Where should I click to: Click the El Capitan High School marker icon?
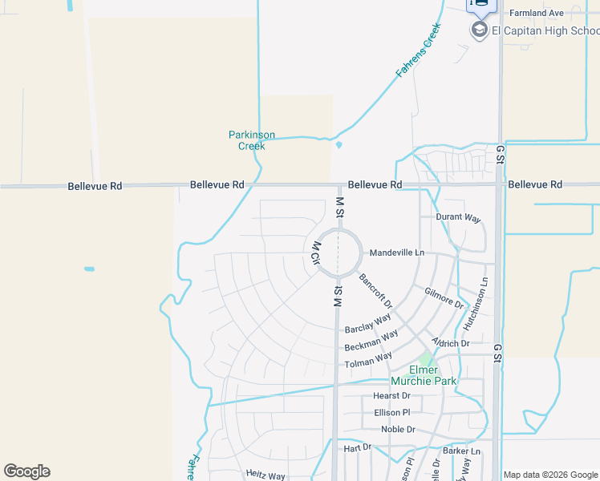coord(480,30)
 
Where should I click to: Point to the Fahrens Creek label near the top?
coord(419,51)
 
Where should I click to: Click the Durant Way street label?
coord(457,217)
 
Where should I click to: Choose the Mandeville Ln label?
coord(396,253)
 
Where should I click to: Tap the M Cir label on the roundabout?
coord(315,253)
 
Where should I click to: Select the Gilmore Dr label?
coord(444,298)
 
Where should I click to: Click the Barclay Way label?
coord(367,324)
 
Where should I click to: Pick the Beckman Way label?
coord(371,341)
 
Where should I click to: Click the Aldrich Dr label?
coord(450,342)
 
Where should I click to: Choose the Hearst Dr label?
coord(391,396)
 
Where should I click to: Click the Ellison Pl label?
coord(391,413)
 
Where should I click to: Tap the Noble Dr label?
coord(398,430)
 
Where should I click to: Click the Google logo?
coord(26,471)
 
